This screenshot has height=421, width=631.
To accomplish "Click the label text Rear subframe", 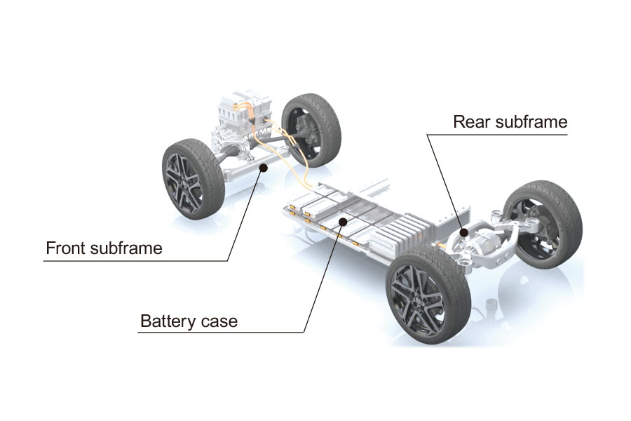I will [x=510, y=121].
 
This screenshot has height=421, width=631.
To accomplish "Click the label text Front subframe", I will [x=103, y=248].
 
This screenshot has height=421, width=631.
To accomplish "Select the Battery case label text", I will [x=189, y=322].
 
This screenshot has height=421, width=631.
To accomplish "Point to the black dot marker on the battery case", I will [x=342, y=222].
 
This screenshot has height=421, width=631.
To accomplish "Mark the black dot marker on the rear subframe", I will [x=463, y=232].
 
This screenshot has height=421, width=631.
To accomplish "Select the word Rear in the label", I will [x=470, y=121].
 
